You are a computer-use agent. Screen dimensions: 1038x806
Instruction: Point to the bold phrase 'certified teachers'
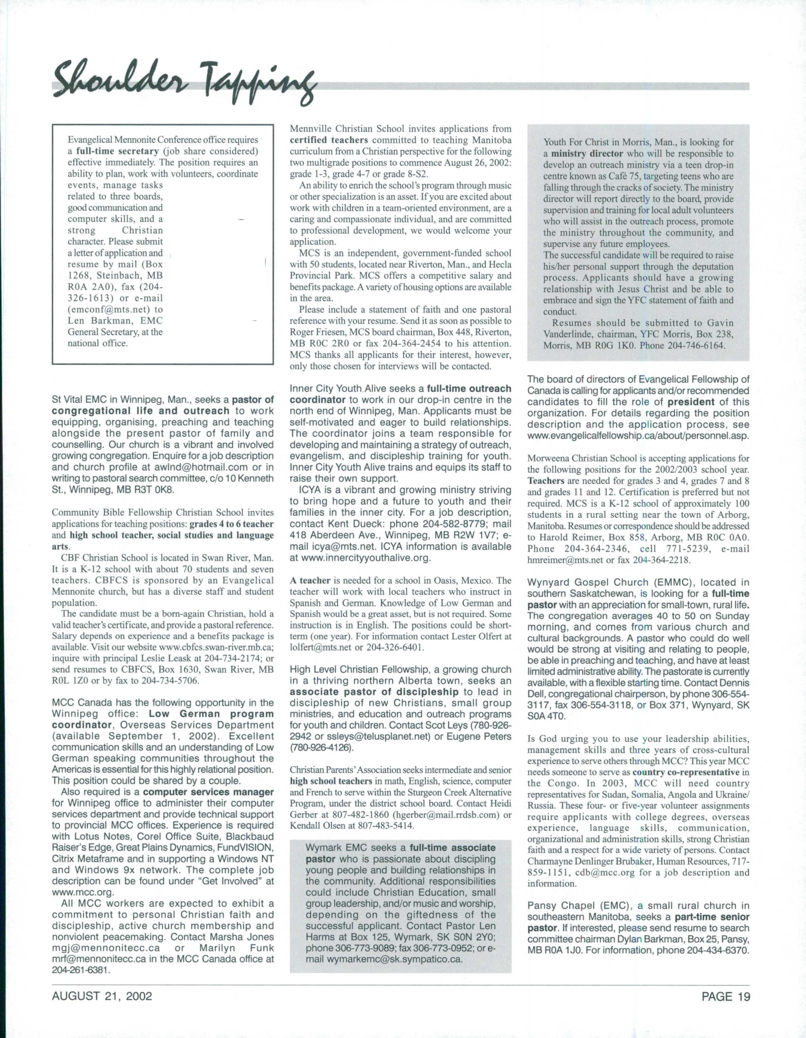329,140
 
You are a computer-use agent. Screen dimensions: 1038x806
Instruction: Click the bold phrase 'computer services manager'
208,792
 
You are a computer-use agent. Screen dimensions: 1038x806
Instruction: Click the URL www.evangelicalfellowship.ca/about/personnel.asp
638,436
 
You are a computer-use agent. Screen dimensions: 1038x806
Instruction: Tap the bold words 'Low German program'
211,714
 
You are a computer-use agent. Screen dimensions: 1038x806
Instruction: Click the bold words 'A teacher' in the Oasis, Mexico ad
310,581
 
